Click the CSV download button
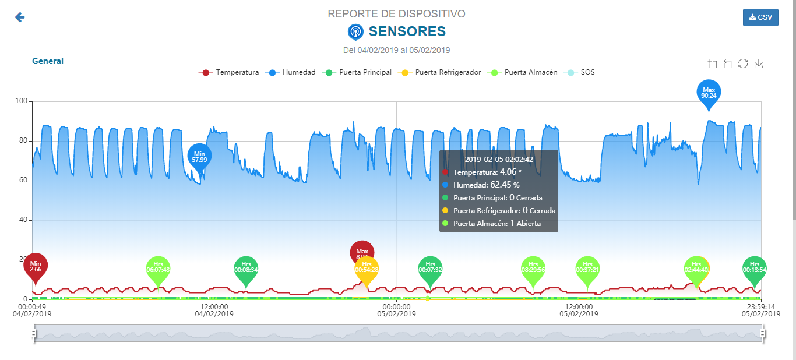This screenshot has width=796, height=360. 760,17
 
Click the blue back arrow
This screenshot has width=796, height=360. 20,17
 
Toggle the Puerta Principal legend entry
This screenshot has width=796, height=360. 357,72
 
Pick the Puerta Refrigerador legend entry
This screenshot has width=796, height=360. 440,72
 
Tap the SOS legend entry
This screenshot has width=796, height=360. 580,72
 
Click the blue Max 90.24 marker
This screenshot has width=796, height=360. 709,92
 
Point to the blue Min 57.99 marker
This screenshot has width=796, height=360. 199,156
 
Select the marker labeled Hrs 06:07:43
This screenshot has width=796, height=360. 158,268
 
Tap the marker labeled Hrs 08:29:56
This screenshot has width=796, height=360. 533,268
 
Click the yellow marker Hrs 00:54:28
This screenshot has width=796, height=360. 367,269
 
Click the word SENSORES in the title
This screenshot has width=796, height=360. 407,31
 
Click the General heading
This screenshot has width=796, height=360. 48,61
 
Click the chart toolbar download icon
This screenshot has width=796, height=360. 758,63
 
